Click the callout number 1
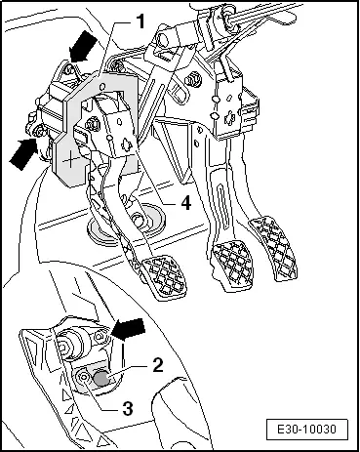tap(140, 21)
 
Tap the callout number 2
tap(157, 365)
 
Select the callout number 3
tap(128, 408)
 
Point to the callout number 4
tap(185, 203)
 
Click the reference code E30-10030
tap(306, 430)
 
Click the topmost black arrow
tap(83, 46)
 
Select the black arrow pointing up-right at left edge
tap(22, 153)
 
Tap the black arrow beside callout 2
tap(128, 329)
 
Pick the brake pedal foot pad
tap(232, 266)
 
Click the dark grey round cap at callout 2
tap(101, 378)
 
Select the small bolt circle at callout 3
tap(84, 377)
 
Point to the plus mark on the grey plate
tap(70, 160)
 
